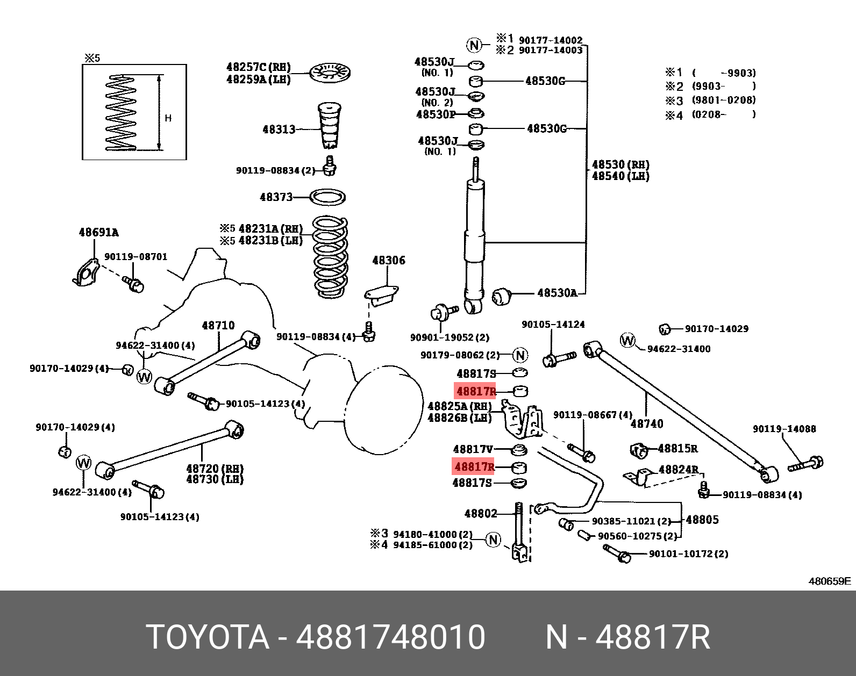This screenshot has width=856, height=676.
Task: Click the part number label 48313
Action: tap(279, 129)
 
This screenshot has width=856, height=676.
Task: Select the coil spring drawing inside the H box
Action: tap(121, 112)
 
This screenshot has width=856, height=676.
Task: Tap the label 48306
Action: tap(388, 261)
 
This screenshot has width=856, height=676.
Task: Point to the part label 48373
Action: tap(276, 197)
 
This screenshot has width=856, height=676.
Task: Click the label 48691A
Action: tap(98, 233)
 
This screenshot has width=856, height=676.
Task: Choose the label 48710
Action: tap(218, 326)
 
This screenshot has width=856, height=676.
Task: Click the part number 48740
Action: tap(646, 423)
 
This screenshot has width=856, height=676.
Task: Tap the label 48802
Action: tap(480, 514)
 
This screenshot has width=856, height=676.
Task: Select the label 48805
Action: tap(702, 520)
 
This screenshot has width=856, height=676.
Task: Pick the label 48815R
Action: tap(677, 448)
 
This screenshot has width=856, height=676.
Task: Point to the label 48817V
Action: tap(473, 449)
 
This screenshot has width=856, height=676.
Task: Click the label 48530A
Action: tap(557, 293)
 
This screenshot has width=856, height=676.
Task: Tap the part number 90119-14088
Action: tap(784, 429)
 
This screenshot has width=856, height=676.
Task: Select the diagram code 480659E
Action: tap(830, 581)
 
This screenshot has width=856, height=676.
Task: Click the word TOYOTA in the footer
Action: tap(208, 637)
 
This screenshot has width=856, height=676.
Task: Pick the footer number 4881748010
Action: tap(391, 637)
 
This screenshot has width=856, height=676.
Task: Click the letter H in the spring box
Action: tap(168, 118)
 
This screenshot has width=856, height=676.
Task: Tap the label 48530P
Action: tap(435, 114)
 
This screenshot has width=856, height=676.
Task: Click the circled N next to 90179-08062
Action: tap(520, 355)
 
